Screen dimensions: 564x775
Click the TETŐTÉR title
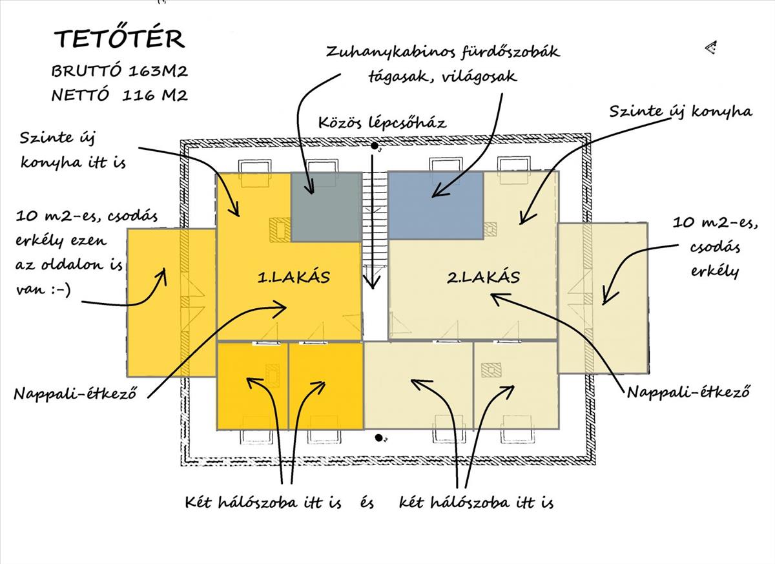[119, 39]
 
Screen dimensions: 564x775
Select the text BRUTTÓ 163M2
[119, 70]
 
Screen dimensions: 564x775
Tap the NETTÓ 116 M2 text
[119, 96]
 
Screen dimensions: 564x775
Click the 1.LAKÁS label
[294, 278]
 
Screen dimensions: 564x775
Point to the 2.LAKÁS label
[484, 278]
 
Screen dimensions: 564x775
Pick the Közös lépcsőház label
[382, 123]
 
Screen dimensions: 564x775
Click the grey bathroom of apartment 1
[325, 207]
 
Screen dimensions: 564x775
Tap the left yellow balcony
[170, 302]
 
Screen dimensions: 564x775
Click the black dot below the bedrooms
[378, 438]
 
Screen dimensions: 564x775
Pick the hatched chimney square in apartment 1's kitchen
[280, 229]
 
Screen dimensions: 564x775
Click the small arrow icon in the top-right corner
[711, 47]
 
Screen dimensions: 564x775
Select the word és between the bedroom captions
[367, 502]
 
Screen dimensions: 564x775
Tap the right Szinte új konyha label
[681, 112]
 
